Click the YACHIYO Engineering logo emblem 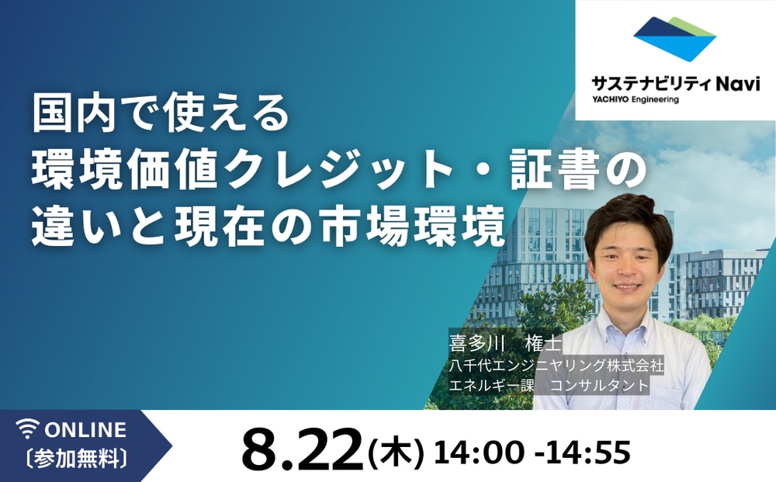coord(674,39)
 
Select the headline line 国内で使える coord(160,113)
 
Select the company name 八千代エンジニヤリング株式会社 coord(556,364)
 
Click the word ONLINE coord(85,429)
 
